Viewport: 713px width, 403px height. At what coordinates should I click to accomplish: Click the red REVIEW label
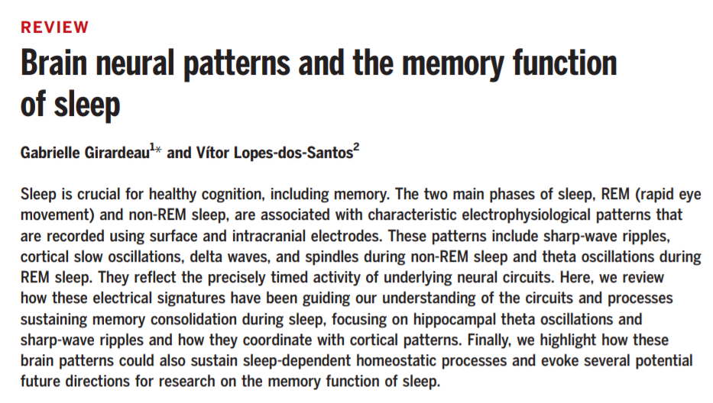tap(55, 27)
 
